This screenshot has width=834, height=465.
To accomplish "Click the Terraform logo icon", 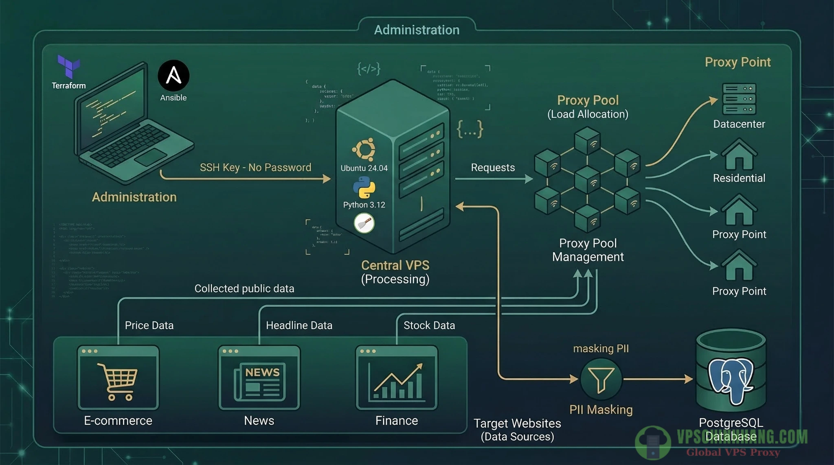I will (68, 66).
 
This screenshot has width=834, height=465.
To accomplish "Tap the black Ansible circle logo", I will (173, 76).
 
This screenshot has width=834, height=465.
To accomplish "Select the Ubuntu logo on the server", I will (364, 150).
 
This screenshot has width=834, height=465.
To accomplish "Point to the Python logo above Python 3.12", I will (364, 188).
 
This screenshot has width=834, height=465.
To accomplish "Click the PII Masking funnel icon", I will (601, 379).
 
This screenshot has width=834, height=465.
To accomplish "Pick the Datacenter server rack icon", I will (739, 99).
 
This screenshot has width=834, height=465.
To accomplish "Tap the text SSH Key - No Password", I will (255, 167).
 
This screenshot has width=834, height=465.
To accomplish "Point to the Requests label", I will (493, 167).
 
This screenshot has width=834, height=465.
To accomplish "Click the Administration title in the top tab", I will (417, 30).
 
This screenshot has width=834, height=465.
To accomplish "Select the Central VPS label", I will (395, 265).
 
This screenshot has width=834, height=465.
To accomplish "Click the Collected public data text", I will (244, 288).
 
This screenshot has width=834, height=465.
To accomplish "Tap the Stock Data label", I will (429, 325).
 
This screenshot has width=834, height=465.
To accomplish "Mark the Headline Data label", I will (299, 325).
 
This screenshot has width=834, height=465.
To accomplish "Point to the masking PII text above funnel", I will (601, 348).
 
